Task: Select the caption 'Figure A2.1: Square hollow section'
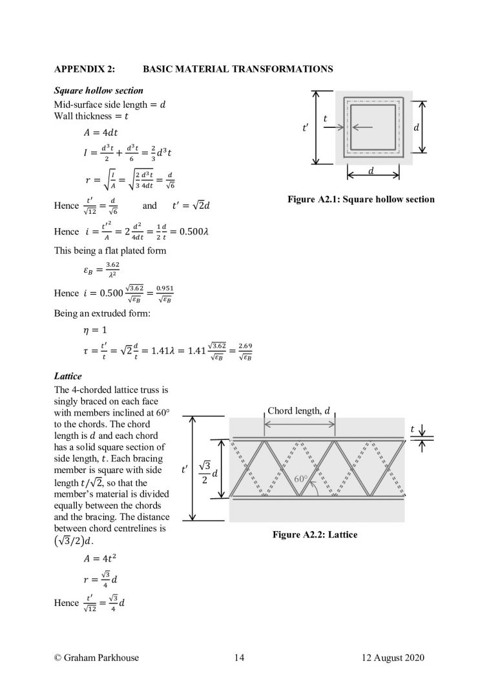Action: (x=361, y=200)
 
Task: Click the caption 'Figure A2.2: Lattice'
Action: (x=315, y=535)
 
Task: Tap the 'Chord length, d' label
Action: (x=298, y=411)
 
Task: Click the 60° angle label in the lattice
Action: (x=301, y=479)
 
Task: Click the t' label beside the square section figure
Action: (x=304, y=128)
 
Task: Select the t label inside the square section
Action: (x=325, y=119)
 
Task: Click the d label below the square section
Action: (x=371, y=171)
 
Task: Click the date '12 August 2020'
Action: (x=393, y=658)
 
